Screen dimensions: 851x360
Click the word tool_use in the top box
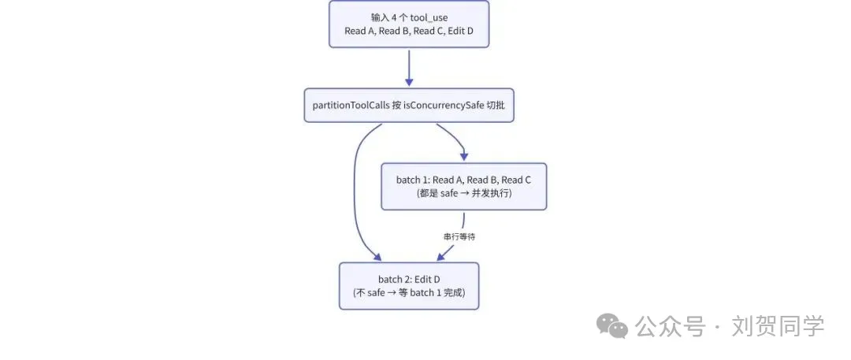point(429,18)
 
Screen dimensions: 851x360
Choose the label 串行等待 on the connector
point(459,237)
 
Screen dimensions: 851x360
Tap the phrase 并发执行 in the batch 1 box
point(492,193)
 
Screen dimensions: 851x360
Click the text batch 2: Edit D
point(409,279)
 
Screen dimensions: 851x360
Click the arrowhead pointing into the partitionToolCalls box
point(409,83)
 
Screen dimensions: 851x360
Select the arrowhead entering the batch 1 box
point(463,157)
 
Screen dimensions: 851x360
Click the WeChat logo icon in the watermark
point(613,327)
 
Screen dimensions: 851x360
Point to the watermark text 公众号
point(671,327)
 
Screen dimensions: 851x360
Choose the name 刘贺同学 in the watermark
point(777,326)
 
